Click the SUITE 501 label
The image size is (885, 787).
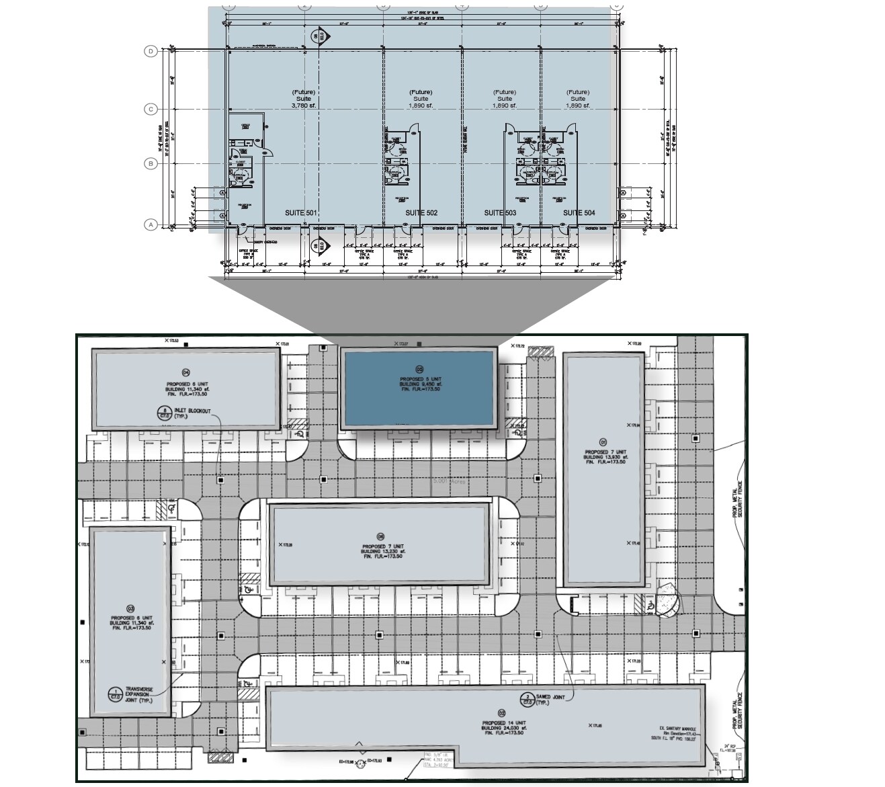click(x=300, y=213)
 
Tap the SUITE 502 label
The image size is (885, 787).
click(x=421, y=213)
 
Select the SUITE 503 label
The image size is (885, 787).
click(x=501, y=213)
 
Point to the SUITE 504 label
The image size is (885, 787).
click(x=579, y=213)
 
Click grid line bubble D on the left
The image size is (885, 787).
click(x=151, y=51)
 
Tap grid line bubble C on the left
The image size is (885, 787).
click(x=151, y=109)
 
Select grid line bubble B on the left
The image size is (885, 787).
click(x=151, y=163)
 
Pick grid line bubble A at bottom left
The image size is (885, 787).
click(x=151, y=224)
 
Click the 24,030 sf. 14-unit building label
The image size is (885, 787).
click(x=502, y=727)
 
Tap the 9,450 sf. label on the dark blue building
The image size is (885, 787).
click(x=420, y=384)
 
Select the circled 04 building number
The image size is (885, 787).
click(x=186, y=372)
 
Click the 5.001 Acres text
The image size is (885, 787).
click(x=450, y=482)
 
